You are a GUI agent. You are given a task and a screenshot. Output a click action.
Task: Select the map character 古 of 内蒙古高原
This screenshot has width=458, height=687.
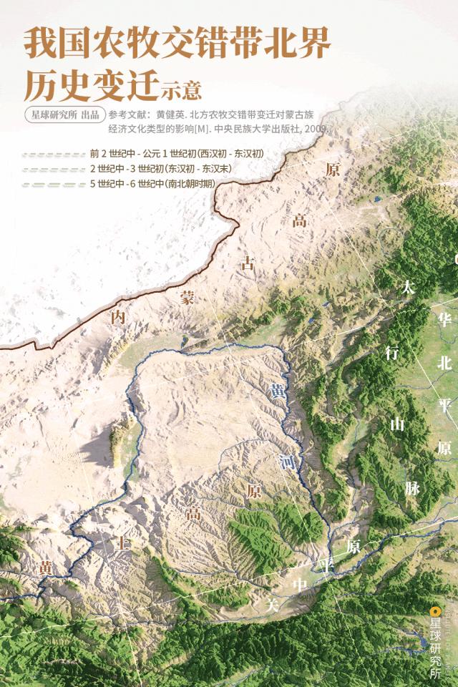(248, 263)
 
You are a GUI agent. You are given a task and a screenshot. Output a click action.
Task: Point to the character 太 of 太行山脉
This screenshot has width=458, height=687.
(409, 288)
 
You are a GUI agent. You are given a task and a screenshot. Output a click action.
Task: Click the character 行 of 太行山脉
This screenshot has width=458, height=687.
(392, 352)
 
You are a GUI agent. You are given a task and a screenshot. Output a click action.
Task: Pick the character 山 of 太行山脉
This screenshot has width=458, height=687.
(397, 424)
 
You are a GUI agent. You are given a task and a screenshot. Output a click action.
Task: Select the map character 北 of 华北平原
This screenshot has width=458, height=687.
(445, 363)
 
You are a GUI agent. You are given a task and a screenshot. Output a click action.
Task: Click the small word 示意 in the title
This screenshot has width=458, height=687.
(181, 92)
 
